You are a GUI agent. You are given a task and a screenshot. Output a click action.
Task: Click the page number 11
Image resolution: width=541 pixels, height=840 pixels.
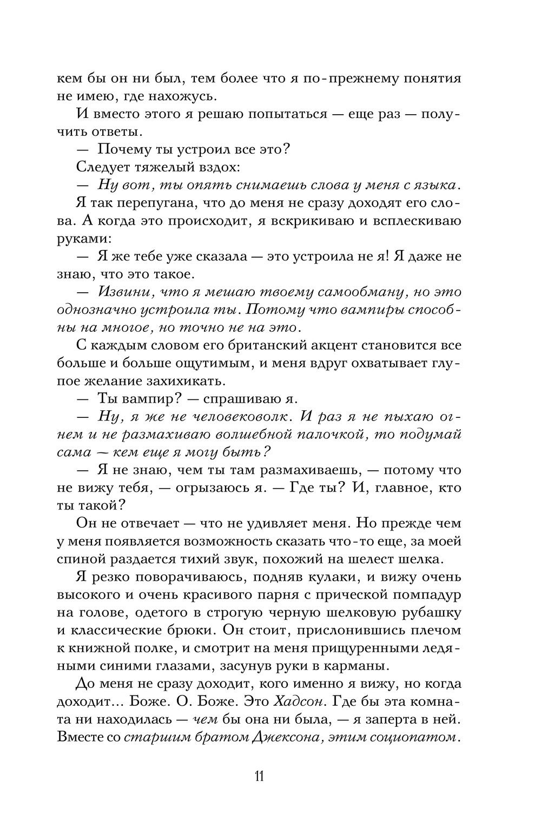coord(258,775)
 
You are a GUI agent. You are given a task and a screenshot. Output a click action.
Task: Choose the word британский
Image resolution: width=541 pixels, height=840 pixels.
coord(229,345)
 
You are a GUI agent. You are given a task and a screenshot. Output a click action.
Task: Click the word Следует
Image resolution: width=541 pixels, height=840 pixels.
coord(101,167)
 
